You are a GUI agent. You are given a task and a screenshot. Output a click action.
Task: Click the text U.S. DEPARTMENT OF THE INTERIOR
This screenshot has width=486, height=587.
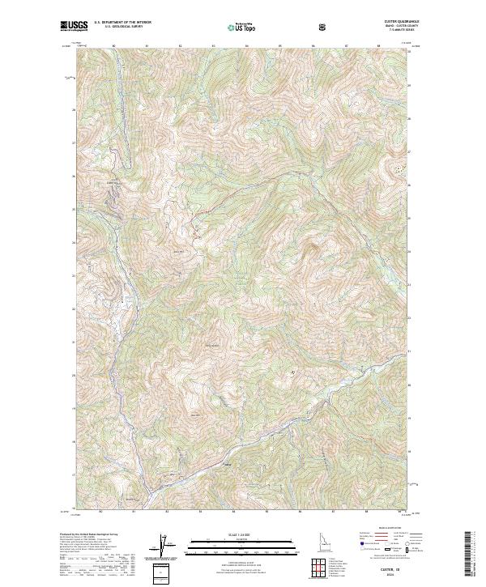(x=123, y=22)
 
